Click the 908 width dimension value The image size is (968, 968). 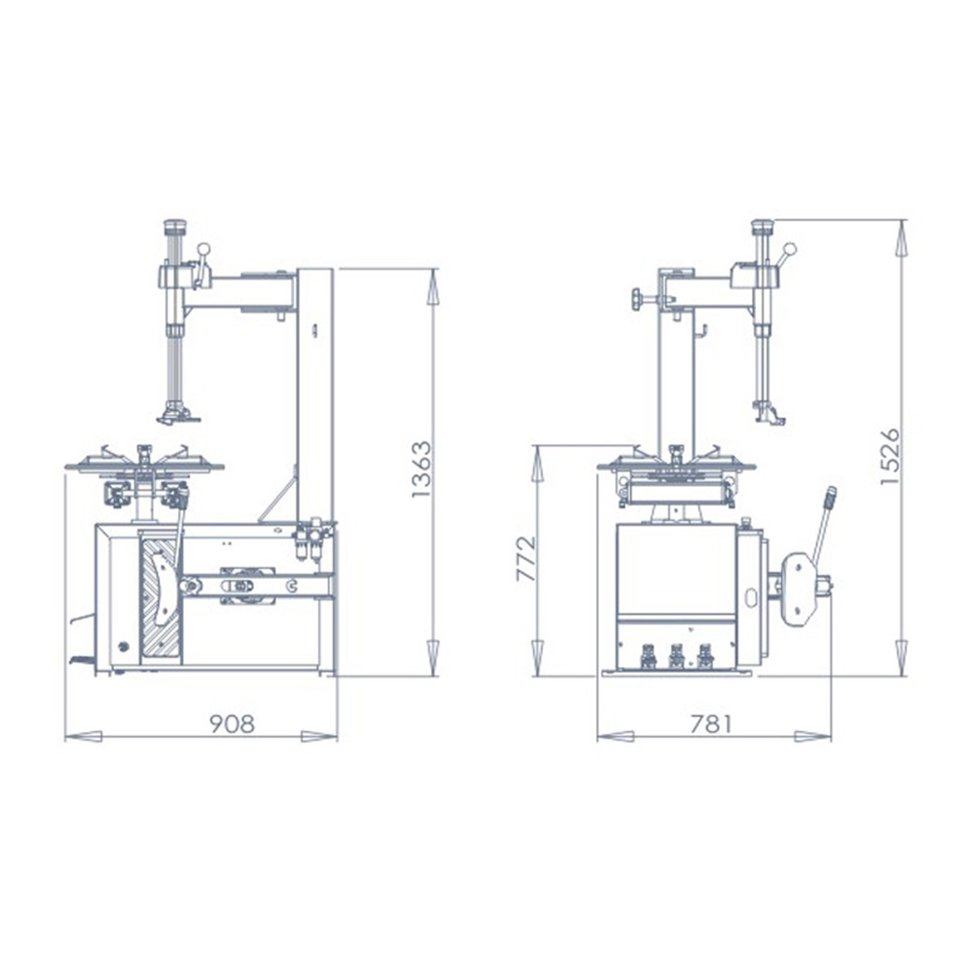tap(232, 724)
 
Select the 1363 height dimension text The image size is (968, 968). tap(420, 469)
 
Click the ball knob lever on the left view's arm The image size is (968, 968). tap(204, 251)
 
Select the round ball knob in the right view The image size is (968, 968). tap(790, 250)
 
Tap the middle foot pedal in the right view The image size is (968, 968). tap(677, 657)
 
